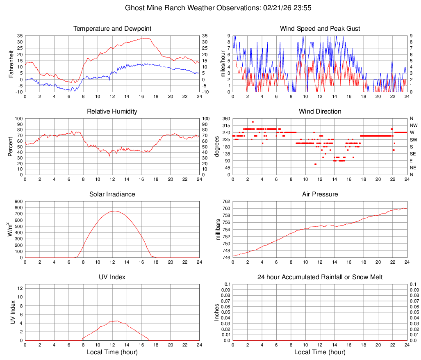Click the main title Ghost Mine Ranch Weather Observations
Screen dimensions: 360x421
pyautogui.click(x=210, y=8)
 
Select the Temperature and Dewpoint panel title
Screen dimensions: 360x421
pyautogui.click(x=112, y=29)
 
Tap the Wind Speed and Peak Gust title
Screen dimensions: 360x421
pyautogui.click(x=320, y=29)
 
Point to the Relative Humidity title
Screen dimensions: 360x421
pyautogui.click(x=112, y=112)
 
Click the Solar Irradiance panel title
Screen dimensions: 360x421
pyautogui.click(x=112, y=194)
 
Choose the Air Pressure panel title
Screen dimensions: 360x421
pyautogui.click(x=320, y=194)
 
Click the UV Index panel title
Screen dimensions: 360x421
pyautogui.click(x=112, y=277)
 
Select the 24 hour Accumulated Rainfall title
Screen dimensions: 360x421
pyautogui.click(x=320, y=277)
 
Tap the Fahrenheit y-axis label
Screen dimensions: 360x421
pyautogui.click(x=11, y=64)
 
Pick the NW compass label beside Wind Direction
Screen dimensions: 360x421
pyautogui.click(x=414, y=125)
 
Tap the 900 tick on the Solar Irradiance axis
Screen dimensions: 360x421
pyautogui.click(x=18, y=201)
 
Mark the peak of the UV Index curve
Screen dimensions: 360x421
pyautogui.click(x=116, y=321)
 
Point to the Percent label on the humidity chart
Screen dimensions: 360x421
pyautogui.click(x=11, y=146)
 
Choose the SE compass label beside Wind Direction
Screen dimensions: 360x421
pyautogui.click(x=413, y=154)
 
